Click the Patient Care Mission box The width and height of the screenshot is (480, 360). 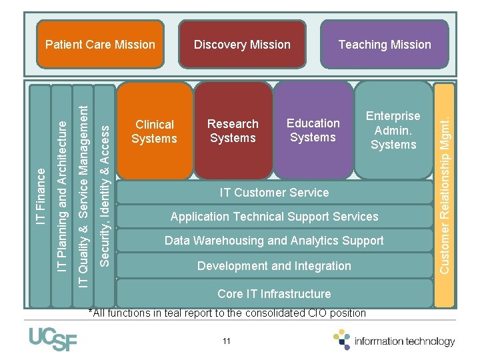click(100, 45)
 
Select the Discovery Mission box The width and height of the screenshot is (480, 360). click(242, 45)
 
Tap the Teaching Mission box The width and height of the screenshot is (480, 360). click(385, 45)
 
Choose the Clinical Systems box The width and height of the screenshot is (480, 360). click(154, 131)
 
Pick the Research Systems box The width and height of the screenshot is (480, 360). click(233, 131)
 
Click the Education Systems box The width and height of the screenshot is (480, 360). click(313, 130)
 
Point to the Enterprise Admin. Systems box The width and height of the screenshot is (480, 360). click(393, 130)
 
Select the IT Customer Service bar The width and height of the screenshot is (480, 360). click(274, 193)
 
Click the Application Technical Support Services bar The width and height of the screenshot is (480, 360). click(274, 217)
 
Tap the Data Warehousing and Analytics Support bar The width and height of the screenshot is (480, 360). click(274, 241)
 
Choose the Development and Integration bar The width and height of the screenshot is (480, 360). click(274, 266)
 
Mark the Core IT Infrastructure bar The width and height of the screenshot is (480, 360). click(274, 294)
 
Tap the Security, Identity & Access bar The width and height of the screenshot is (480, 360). click(103, 193)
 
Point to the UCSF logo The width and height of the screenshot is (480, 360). click(53, 339)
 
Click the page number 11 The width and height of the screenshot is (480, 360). click(227, 341)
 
